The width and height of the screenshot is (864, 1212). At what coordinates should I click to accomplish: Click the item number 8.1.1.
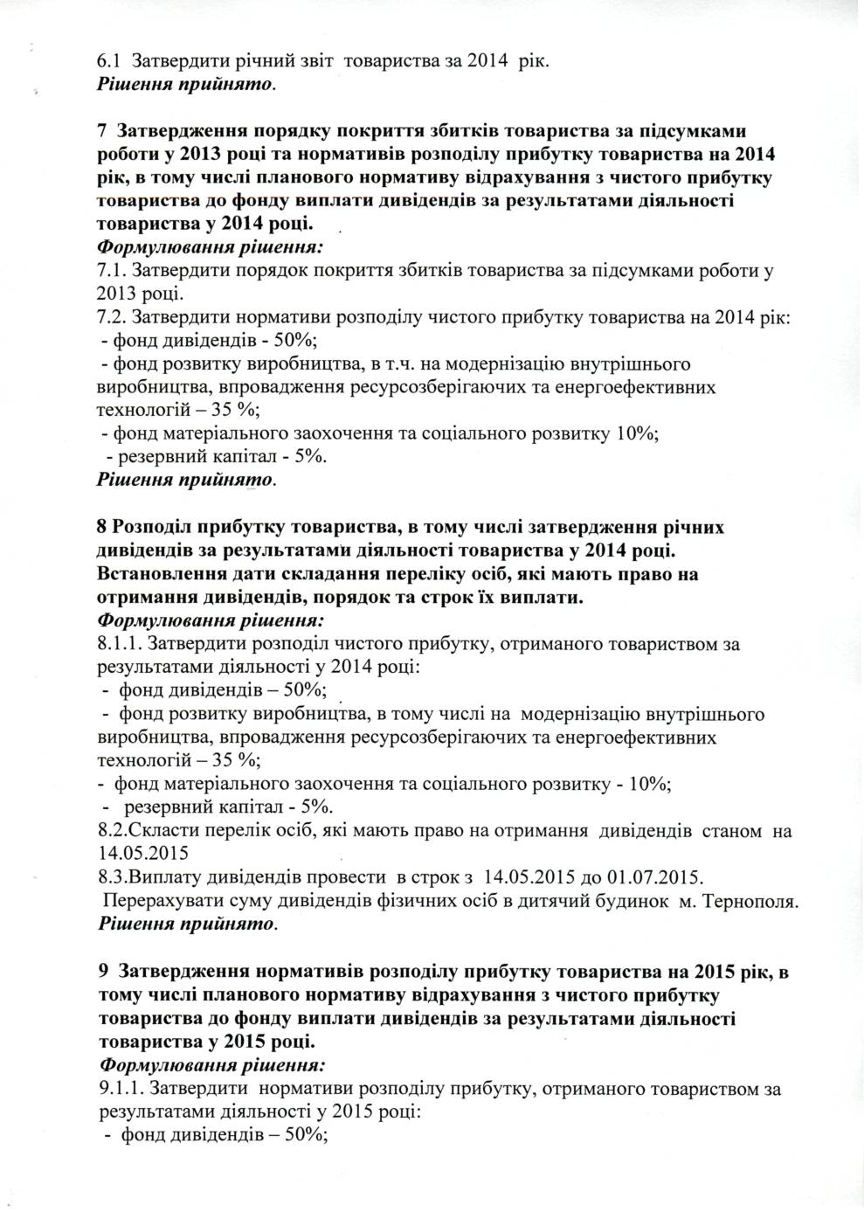pos(119,645)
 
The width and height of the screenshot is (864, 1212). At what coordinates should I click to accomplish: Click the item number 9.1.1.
pos(120,1090)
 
